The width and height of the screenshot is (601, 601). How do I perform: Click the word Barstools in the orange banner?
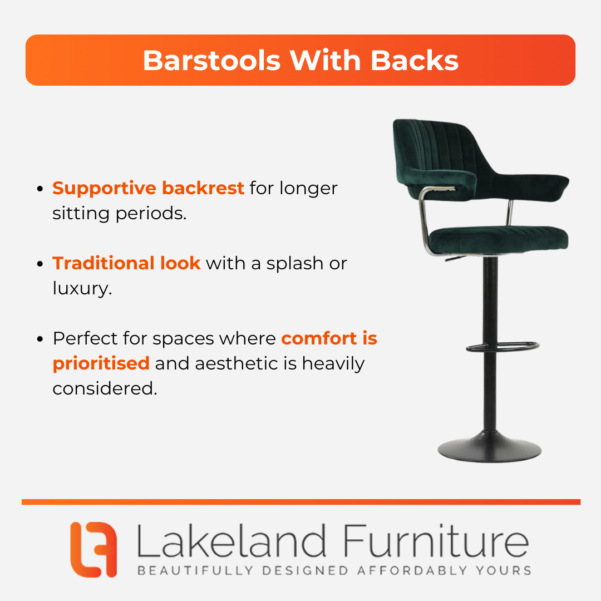click(x=211, y=61)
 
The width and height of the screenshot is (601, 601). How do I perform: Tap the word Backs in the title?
click(x=415, y=61)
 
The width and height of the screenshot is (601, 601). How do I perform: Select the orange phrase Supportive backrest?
click(x=149, y=188)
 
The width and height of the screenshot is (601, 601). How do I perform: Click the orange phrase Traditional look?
click(x=126, y=263)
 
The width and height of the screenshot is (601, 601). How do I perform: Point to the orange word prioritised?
click(x=101, y=363)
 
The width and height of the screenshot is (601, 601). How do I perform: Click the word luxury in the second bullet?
click(x=82, y=289)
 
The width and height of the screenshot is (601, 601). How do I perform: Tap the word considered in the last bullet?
click(x=105, y=388)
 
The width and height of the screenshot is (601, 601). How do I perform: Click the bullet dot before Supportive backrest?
click(x=40, y=189)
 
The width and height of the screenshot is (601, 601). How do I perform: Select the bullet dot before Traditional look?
click(x=40, y=264)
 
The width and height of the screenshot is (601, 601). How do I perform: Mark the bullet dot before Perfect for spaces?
click(x=40, y=339)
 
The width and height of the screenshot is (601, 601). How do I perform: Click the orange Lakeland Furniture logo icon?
click(x=93, y=549)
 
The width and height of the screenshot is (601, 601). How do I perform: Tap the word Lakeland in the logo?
click(x=231, y=541)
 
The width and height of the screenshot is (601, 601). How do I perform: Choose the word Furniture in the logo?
click(x=436, y=541)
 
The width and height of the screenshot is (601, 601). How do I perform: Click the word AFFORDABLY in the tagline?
click(x=412, y=570)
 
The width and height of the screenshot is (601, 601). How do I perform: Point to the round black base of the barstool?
click(x=490, y=447)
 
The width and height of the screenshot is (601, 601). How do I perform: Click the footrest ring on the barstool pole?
click(x=503, y=347)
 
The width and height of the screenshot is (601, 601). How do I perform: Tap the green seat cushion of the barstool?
click(x=498, y=239)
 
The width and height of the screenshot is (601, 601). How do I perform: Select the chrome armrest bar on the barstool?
click(x=426, y=219)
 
